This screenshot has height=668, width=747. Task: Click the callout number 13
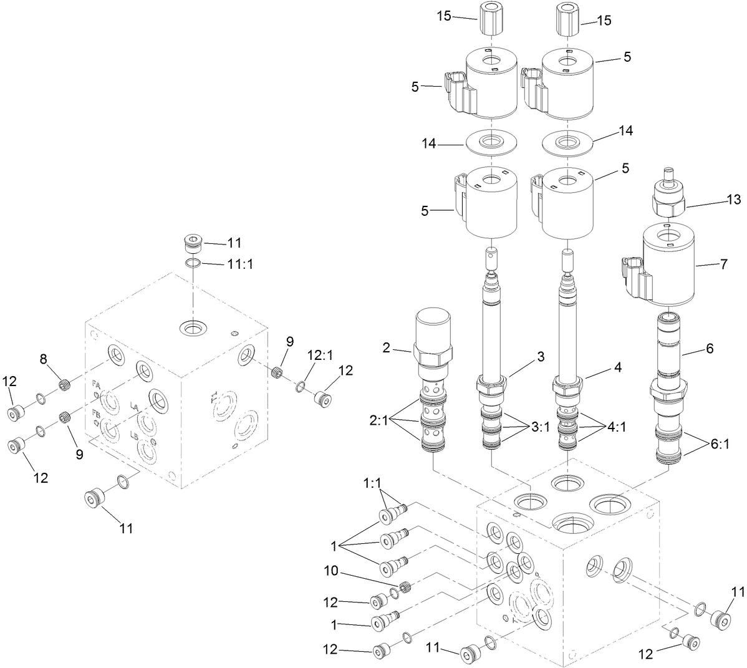click(733, 200)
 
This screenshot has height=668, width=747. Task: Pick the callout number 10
click(330, 571)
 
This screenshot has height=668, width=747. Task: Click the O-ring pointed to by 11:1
click(193, 264)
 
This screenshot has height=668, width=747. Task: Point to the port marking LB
click(134, 436)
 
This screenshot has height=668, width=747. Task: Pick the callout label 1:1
click(372, 483)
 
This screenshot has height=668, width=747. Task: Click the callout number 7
click(723, 264)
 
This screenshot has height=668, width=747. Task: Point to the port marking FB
click(96, 414)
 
